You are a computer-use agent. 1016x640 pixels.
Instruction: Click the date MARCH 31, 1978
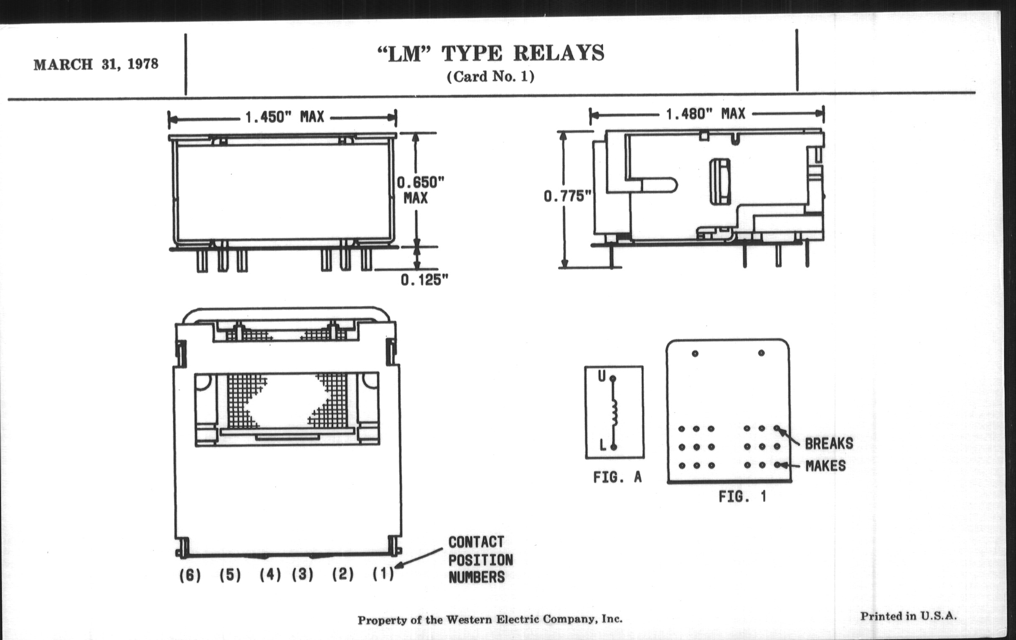tap(96, 64)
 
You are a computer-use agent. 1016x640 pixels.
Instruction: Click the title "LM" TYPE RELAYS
tap(491, 54)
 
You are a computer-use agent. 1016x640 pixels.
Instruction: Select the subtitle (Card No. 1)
tap(491, 77)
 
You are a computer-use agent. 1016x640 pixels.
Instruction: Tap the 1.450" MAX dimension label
tap(285, 117)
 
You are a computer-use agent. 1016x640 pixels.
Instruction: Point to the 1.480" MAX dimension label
tap(706, 114)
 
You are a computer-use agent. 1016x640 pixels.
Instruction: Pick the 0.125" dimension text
tap(424, 280)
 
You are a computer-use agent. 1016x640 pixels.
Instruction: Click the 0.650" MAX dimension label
tap(420, 190)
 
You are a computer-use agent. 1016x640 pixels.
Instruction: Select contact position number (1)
tap(383, 574)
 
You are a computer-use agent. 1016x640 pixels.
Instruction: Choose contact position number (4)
tap(270, 574)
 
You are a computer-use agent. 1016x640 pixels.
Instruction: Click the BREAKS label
tap(829, 443)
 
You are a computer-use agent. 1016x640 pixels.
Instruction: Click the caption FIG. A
tap(617, 477)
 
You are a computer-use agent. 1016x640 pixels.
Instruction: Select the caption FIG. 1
tap(743, 497)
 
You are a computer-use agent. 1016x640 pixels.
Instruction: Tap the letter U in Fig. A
tap(602, 376)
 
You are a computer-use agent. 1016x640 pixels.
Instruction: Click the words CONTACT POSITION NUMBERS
tap(480, 559)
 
